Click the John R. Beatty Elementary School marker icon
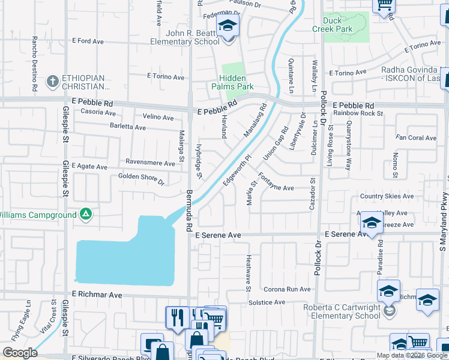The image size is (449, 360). click(x=228, y=26)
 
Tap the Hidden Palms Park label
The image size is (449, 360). click(x=232, y=82)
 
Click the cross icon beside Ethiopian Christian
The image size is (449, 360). click(x=52, y=81)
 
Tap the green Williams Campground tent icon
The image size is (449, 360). click(x=86, y=214)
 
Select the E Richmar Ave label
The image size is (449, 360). click(x=97, y=295)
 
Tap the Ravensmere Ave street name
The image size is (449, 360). click(x=149, y=162)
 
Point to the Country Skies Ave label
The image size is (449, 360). click(x=387, y=196)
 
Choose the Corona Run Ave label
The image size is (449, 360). click(x=287, y=289)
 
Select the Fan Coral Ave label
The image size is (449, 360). click(x=416, y=138)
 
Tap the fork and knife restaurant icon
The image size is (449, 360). click(x=176, y=317)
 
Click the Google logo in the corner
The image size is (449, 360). click(x=20, y=353)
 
